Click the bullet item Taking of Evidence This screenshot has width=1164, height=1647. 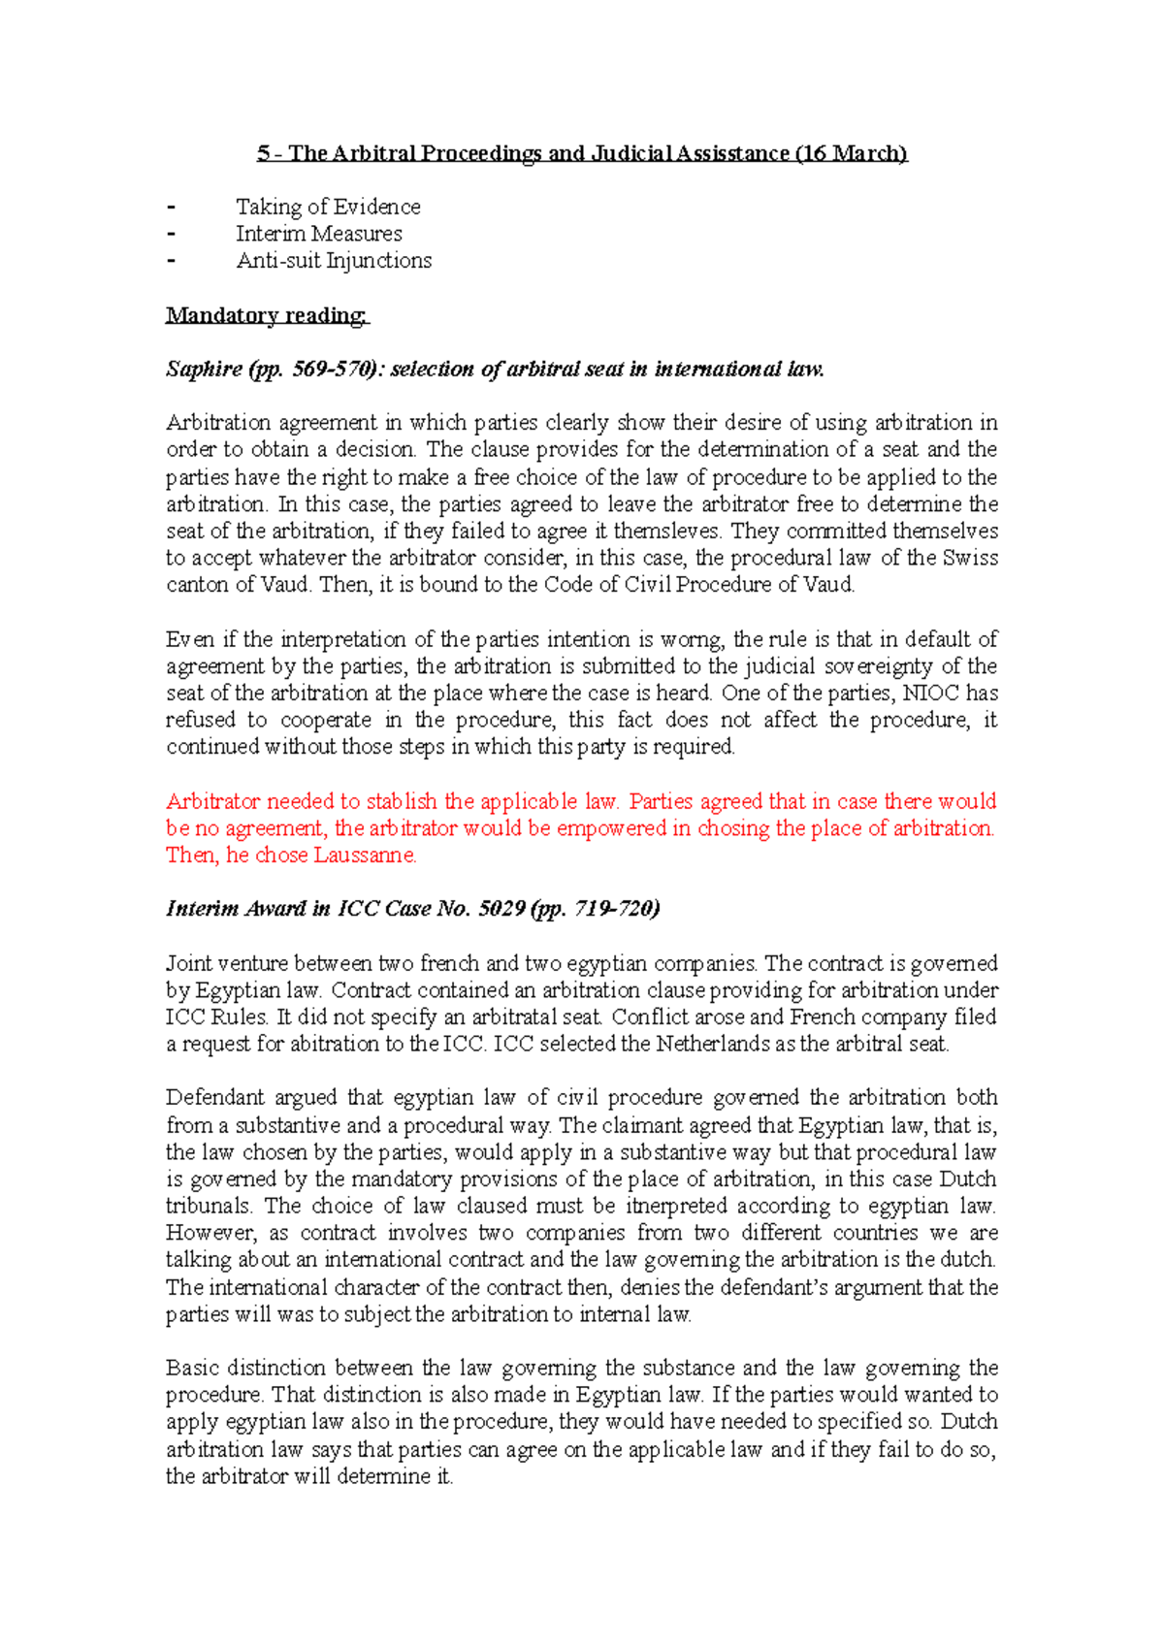click(328, 207)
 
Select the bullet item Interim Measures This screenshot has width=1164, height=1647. click(318, 234)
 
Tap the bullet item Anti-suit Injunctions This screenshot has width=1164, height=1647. click(334, 261)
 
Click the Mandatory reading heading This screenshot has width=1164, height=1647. click(267, 315)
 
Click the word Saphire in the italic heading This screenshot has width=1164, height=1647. click(204, 369)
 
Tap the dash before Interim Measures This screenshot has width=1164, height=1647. click(173, 234)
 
